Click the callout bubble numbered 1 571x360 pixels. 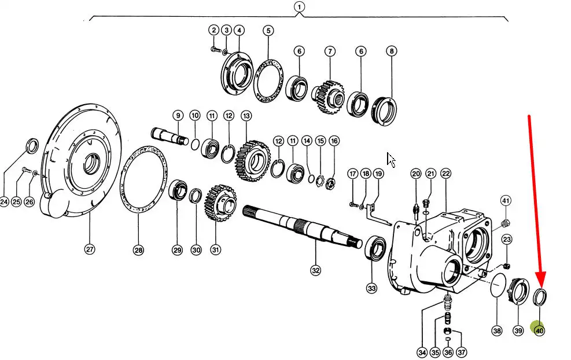299,7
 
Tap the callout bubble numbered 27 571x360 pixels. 89,249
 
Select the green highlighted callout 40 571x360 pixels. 539,331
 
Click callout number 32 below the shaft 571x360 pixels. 315,270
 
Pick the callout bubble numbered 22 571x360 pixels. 445,173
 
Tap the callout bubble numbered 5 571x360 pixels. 268,30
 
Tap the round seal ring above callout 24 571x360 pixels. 32,147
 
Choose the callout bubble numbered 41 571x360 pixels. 506,201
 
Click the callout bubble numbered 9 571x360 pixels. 178,116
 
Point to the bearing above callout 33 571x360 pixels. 375,248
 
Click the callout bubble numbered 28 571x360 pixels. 138,250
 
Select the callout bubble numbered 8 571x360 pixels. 392,51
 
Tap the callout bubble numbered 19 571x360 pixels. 378,174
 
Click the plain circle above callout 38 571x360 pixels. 496,286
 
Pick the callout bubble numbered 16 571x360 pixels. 334,141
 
